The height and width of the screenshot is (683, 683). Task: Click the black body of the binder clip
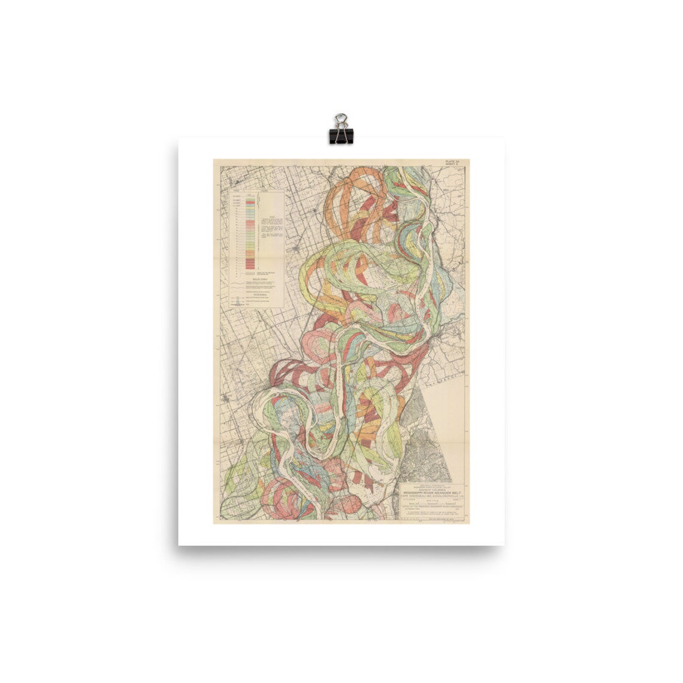point(341,135)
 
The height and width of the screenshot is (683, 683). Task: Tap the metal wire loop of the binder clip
point(341,119)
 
